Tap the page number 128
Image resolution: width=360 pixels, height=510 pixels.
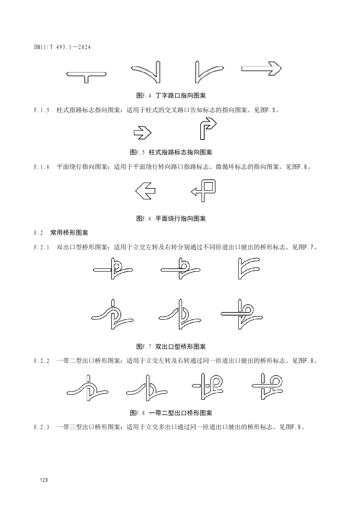tap(44, 480)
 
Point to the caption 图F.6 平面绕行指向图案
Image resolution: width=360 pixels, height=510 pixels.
tap(171, 218)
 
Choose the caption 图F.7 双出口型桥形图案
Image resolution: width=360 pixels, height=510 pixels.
tap(171, 347)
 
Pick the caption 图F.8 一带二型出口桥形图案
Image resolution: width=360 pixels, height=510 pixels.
tap(171, 413)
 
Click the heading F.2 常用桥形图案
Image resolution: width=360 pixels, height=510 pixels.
tap(61, 233)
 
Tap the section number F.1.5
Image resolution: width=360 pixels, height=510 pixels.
tap(41, 110)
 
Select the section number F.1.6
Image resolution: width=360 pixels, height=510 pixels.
tap(41, 167)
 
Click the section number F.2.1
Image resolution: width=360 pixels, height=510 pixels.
tap(41, 248)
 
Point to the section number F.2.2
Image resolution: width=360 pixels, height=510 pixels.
tap(41, 361)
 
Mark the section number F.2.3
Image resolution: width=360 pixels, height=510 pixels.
tap(41, 427)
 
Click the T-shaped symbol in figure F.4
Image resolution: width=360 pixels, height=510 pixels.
tap(86, 75)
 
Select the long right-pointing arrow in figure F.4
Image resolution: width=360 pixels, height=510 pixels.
tap(261, 68)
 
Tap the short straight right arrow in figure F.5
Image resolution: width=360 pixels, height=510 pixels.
tap(142, 133)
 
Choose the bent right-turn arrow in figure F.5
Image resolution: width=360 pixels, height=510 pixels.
tap(207, 129)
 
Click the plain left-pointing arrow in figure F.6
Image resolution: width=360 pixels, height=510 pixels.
tap(145, 191)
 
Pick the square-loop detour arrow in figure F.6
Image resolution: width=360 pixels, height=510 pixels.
tap(203, 190)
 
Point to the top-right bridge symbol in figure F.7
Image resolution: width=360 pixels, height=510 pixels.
tap(249, 268)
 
